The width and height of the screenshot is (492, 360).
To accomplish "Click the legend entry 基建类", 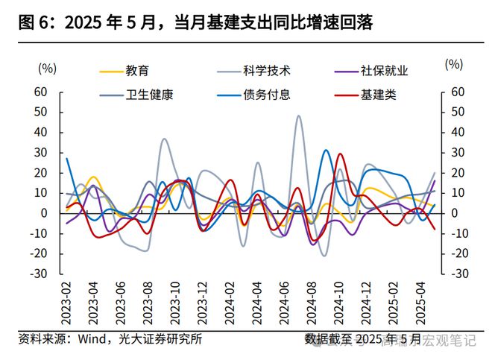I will pos(378,95).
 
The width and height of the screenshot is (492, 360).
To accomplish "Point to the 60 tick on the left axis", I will pos(41,92).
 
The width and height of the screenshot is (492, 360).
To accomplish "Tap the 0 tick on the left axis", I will pos(45,213).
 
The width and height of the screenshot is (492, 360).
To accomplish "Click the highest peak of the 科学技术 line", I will pos(299,116).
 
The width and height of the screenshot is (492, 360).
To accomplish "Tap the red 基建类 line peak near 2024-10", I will pos(340,154).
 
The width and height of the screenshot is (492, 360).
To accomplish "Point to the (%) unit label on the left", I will pos(47,67).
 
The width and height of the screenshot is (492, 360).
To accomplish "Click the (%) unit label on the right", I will pos(453,64).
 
